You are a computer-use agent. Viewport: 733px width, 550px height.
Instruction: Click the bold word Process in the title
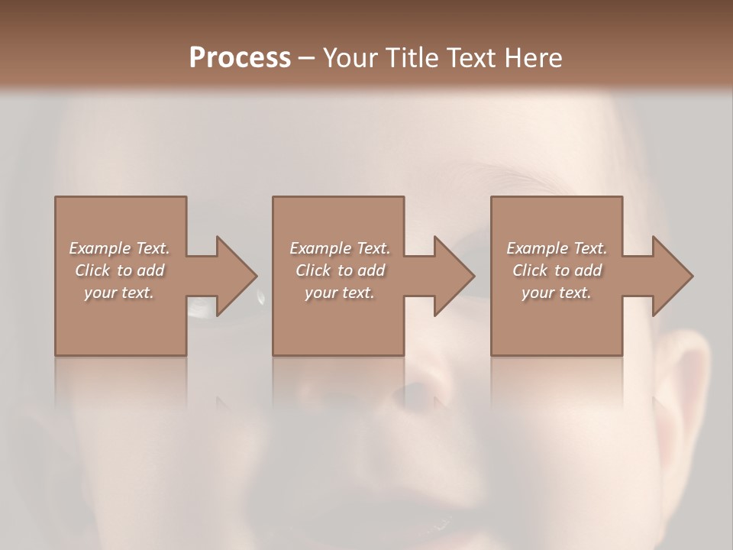pos(240,57)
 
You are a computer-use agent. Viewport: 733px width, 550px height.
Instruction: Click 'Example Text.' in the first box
pos(119,248)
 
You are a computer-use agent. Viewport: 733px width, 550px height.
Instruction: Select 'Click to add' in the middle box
pos(340,270)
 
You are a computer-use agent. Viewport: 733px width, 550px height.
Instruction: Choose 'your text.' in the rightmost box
pos(557,293)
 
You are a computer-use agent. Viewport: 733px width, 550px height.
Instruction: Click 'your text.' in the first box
pos(119,293)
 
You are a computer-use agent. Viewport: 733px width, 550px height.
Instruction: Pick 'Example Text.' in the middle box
pos(340,248)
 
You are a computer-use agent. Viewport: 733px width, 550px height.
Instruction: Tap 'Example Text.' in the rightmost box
pos(557,248)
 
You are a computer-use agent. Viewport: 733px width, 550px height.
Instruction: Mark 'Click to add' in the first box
pos(119,270)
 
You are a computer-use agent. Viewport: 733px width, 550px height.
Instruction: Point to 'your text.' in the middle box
pos(340,293)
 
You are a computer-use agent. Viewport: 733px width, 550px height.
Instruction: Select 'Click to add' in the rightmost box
pos(557,270)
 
